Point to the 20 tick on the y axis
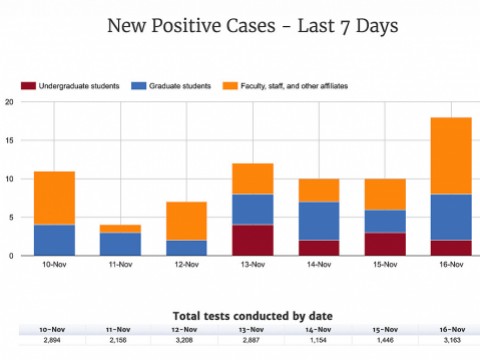9,102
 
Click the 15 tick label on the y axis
9,141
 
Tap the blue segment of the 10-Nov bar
54,240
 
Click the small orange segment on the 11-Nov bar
119,228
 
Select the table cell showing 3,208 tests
184,341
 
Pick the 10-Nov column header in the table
54,328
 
